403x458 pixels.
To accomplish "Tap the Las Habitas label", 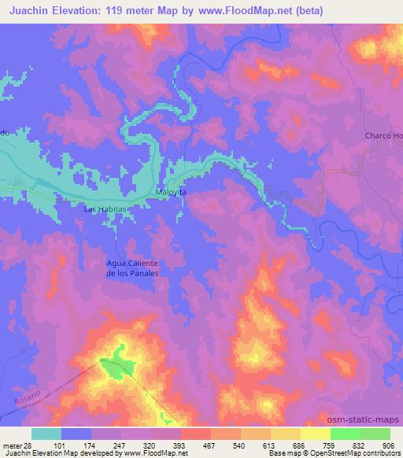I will (x=105, y=209).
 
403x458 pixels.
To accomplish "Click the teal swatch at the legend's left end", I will (x=46, y=434).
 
